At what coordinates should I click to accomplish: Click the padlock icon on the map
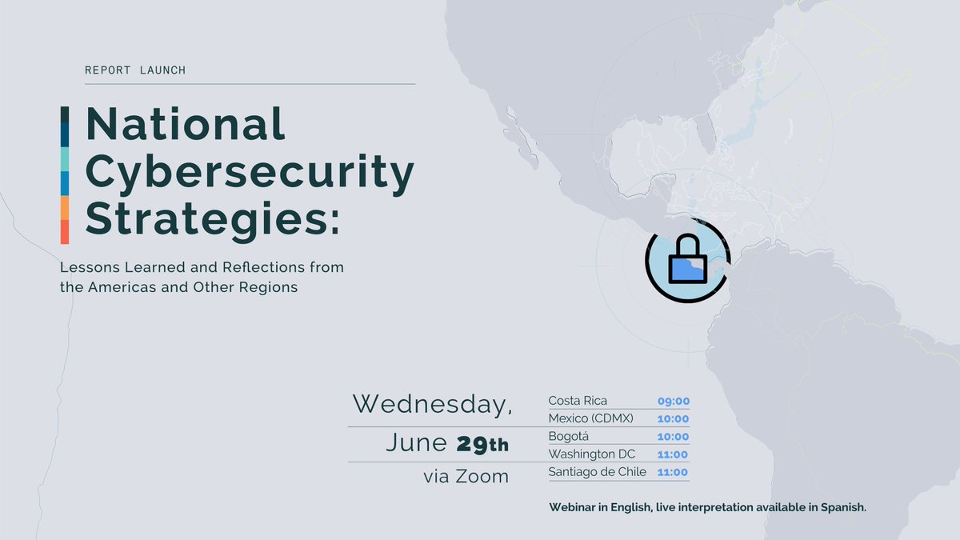pyautogui.click(x=687, y=261)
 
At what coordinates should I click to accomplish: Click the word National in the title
pyautogui.click(x=185, y=124)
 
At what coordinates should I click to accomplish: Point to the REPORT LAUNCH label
pyautogui.click(x=135, y=70)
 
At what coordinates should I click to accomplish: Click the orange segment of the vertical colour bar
pyautogui.click(x=65, y=207)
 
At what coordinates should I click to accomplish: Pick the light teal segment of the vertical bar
pyautogui.click(x=65, y=159)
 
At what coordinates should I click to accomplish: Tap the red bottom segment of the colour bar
pyautogui.click(x=65, y=232)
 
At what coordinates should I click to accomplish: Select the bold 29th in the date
pyautogui.click(x=482, y=443)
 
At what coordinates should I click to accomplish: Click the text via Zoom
pyautogui.click(x=466, y=477)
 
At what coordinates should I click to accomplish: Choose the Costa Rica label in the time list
pyautogui.click(x=578, y=401)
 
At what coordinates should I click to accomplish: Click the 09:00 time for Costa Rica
pyautogui.click(x=673, y=402)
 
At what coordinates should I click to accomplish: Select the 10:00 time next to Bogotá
pyautogui.click(x=673, y=437)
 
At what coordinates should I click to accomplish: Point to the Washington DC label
pyautogui.click(x=591, y=454)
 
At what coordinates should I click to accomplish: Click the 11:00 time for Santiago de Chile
pyautogui.click(x=673, y=473)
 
